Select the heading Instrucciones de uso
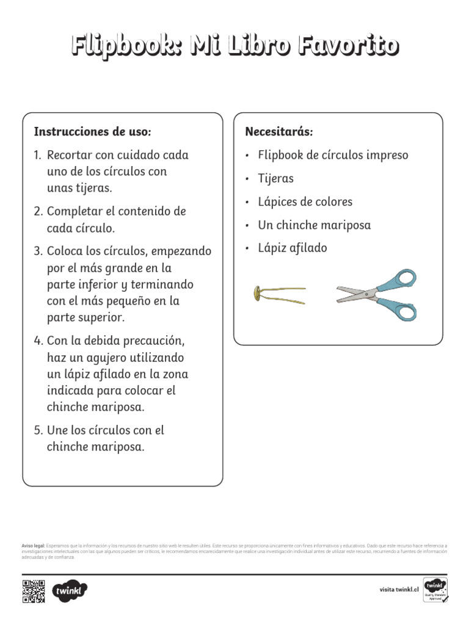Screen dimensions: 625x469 tap(92, 132)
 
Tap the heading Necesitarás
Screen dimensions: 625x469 tap(279, 132)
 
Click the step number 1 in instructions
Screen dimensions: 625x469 tap(37, 155)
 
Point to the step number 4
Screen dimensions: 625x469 tap(37, 340)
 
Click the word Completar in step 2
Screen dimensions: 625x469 tap(74, 211)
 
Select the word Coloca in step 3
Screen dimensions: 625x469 tap(65, 251)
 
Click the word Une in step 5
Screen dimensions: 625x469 tap(57, 430)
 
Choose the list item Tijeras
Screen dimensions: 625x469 tap(275, 179)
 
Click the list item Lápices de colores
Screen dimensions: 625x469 tap(305, 202)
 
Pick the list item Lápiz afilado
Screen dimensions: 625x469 tap(293, 248)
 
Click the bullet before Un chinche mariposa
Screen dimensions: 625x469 tap(247, 226)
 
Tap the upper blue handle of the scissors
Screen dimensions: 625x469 tap(401, 280)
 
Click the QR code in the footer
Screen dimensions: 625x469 tap(34, 591)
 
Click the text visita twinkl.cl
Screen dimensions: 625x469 tap(399, 590)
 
